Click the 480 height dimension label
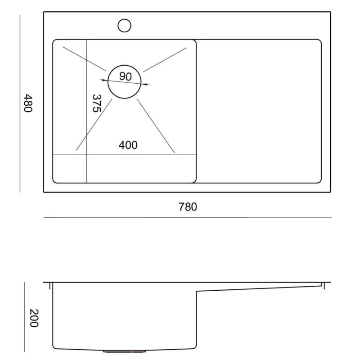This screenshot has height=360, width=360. pyautogui.click(x=28, y=103)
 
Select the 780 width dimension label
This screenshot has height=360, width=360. pyautogui.click(x=188, y=207)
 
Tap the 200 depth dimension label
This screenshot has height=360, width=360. pyautogui.click(x=34, y=318)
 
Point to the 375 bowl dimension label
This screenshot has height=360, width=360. pyautogui.click(x=96, y=103)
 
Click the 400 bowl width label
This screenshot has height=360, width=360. pyautogui.click(x=128, y=145)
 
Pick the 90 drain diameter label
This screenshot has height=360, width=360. pyautogui.click(x=126, y=76)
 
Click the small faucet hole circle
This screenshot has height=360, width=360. pyautogui.click(x=125, y=26)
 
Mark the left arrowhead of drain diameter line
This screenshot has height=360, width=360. pyautogui.click(x=103, y=80)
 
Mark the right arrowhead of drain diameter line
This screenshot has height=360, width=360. pyautogui.click(x=145, y=84)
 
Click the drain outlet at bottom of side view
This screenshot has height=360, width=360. pyautogui.click(x=125, y=351)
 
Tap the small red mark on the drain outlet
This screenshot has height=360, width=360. pyautogui.click(x=132, y=351)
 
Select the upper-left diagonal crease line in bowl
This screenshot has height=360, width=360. pyautogui.click(x=85, y=59)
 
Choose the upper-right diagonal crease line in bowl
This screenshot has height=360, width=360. pyautogui.click(x=165, y=60)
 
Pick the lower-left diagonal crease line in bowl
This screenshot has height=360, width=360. pyautogui.click(x=94, y=125)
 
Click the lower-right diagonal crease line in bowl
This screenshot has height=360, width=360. pyautogui.click(x=156, y=126)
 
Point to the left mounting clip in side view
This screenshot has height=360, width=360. pyautogui.click(x=49, y=286)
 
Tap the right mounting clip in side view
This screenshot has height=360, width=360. pyautogui.click(x=324, y=286)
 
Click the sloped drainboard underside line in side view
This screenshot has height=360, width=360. pyautogui.click(x=259, y=288)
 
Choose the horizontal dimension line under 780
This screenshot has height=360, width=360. pyautogui.click(x=188, y=217)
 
